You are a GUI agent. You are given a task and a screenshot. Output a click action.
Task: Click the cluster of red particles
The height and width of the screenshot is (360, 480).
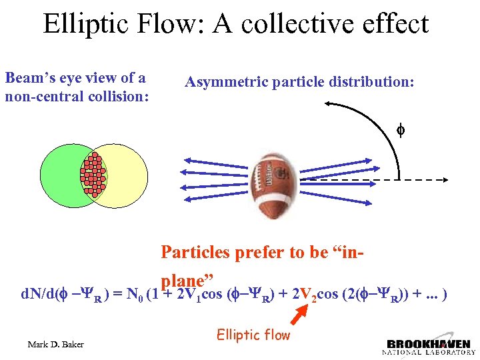click(x=94, y=175)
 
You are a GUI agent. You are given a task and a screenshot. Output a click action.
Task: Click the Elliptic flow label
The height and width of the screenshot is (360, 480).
click(x=253, y=335)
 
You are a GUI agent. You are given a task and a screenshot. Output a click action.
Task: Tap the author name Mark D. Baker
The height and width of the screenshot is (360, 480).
click(x=57, y=345)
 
